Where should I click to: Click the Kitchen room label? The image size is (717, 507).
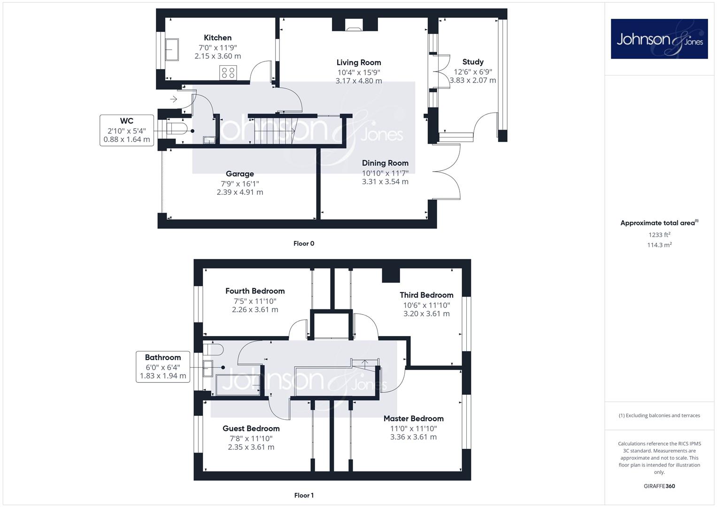point(218,38)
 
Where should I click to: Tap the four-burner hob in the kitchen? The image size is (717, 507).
point(228,72)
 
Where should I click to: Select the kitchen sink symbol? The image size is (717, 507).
point(172,50)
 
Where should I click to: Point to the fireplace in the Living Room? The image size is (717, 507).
point(355,24)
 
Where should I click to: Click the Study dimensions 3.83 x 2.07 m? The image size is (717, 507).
point(473,80)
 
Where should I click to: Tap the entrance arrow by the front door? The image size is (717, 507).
point(173,99)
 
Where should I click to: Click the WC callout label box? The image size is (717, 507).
point(127,131)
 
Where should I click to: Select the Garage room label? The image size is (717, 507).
point(240,174)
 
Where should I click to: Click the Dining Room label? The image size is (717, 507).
point(385,163)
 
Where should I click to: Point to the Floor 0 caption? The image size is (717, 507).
point(304,244)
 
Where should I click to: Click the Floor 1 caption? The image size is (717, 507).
point(304,495)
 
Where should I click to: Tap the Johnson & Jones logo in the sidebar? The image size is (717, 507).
point(659,38)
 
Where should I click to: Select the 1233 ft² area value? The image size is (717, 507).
point(659,235)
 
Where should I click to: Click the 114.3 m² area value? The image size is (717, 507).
point(659,245)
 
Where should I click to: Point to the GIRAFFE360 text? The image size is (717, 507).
point(659,486)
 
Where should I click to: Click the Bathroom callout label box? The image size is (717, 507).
point(163,367)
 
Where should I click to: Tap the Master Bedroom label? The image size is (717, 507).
point(414,419)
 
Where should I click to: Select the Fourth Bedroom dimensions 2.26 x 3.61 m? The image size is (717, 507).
point(255,310)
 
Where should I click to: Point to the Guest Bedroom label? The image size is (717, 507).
point(251,429)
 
